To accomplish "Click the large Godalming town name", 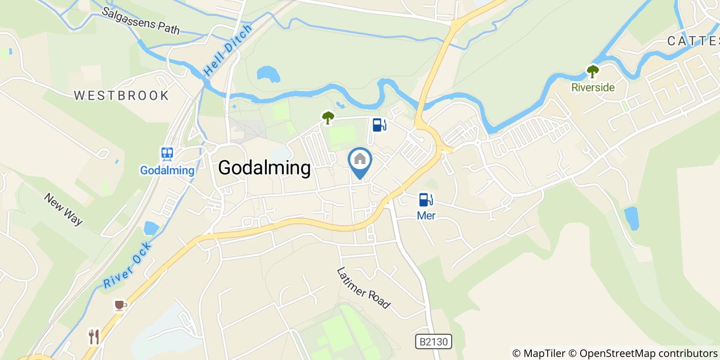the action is [x=264, y=168].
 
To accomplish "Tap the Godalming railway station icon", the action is [x=167, y=153].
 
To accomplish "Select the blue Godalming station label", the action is [x=167, y=171].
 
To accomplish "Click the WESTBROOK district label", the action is [x=121, y=96].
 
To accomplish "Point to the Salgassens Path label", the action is [x=140, y=21].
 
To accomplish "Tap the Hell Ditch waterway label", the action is [x=228, y=51].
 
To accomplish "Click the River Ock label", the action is [x=128, y=265].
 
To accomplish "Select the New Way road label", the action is [x=63, y=209].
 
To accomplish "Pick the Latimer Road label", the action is [x=363, y=288].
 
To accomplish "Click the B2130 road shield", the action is [x=433, y=341].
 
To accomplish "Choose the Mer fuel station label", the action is [x=426, y=216].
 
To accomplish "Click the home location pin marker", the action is [x=360, y=161].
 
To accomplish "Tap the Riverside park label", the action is [x=593, y=87].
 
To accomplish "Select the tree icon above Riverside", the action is [x=593, y=71].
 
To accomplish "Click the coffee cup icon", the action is [x=120, y=305].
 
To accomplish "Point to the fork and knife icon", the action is [x=94, y=336].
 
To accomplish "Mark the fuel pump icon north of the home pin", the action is [x=379, y=124].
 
